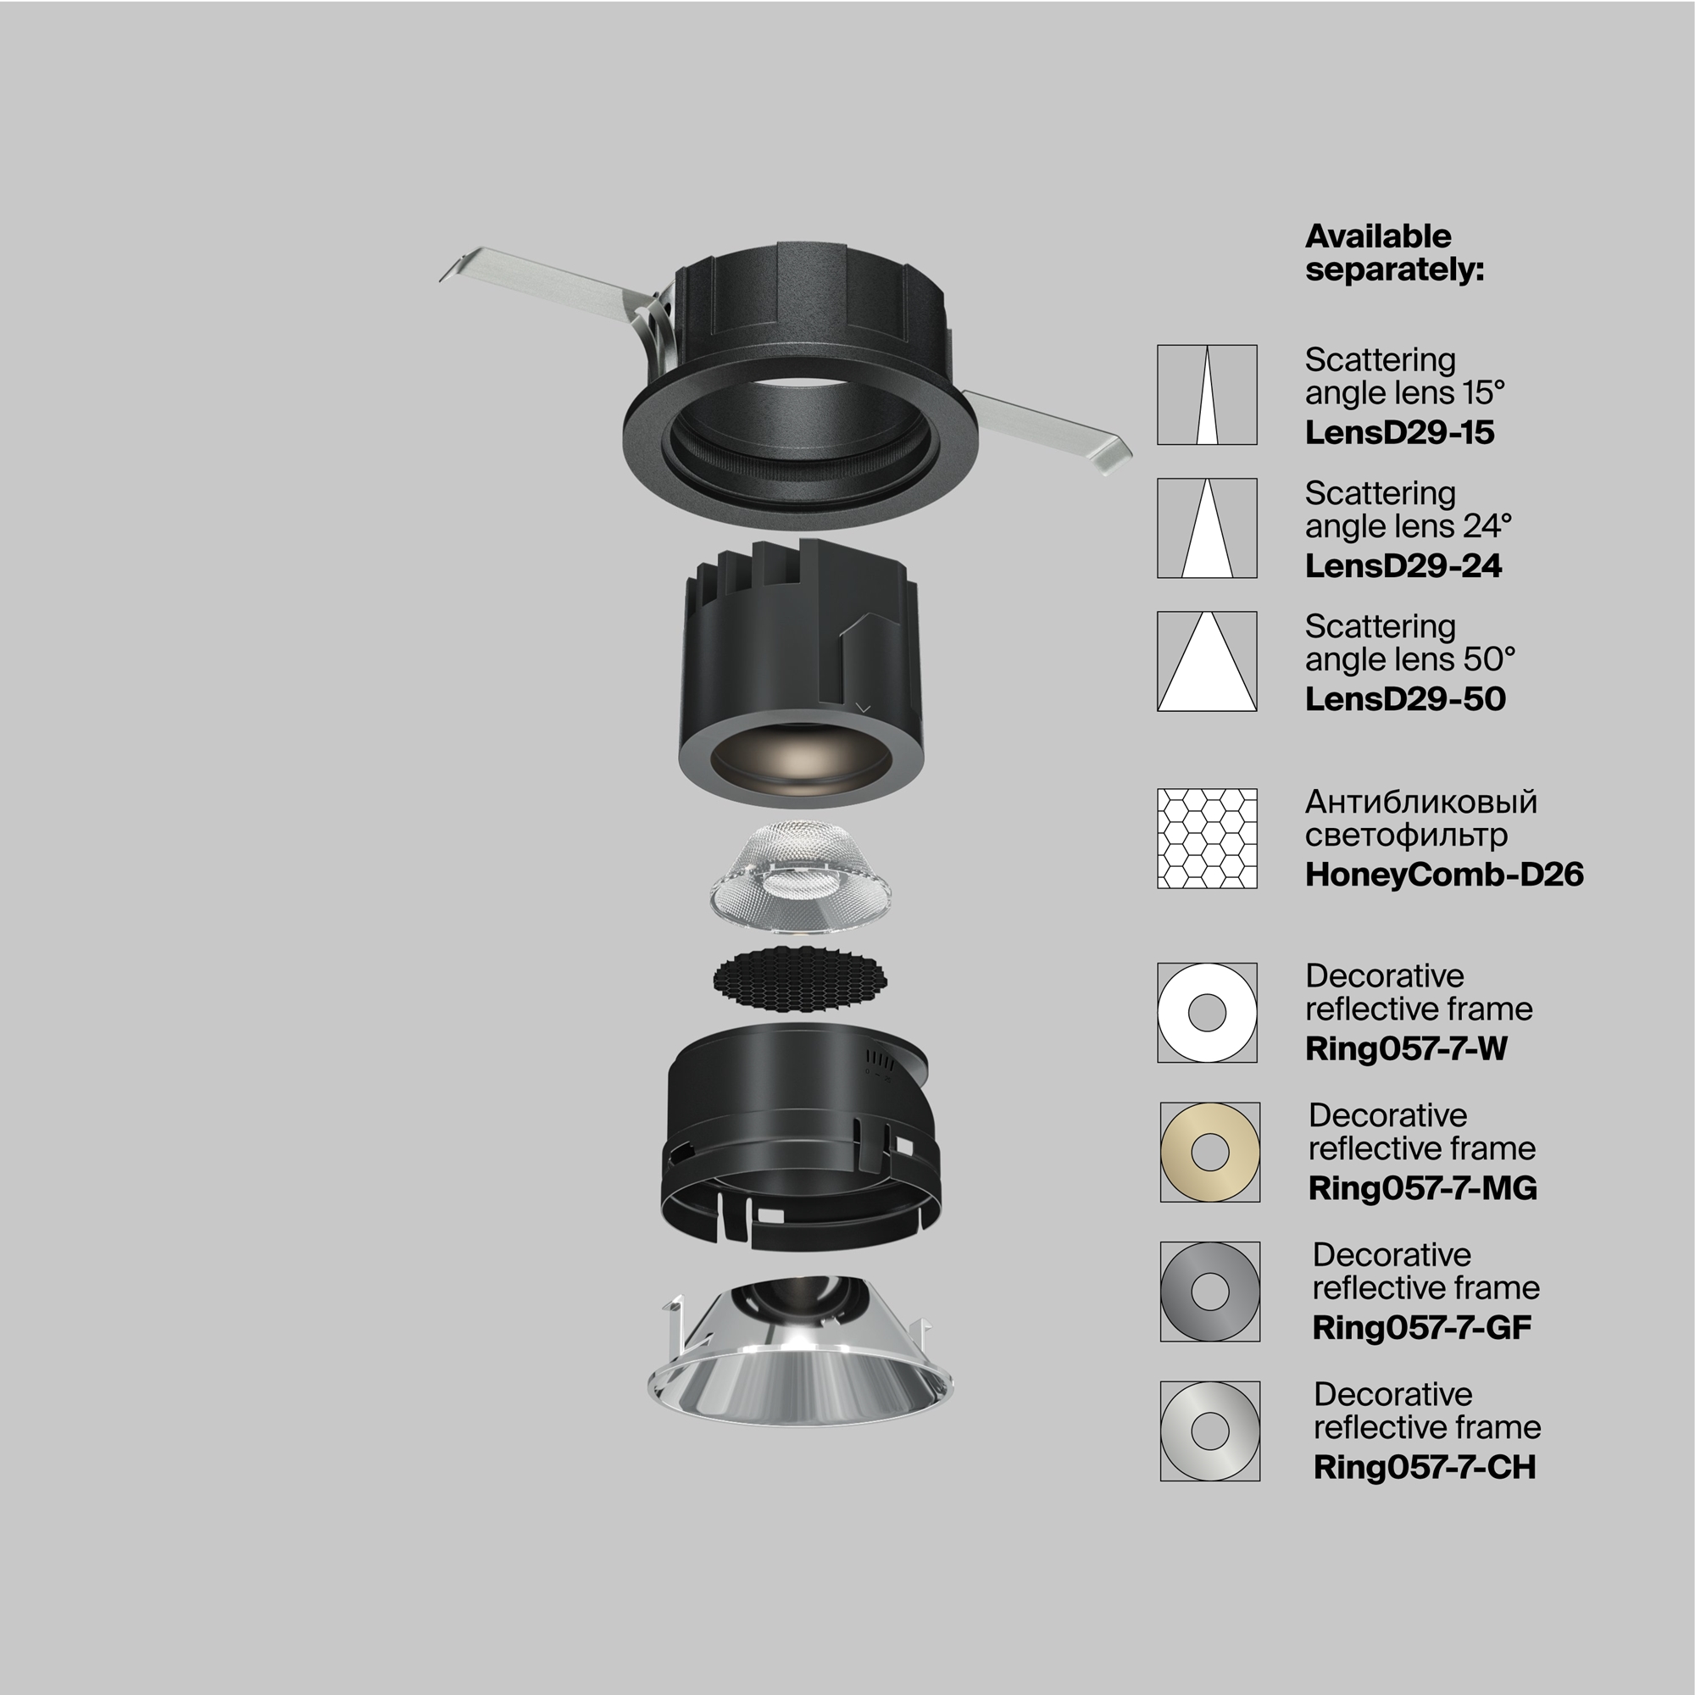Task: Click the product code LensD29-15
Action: pyautogui.click(x=1399, y=432)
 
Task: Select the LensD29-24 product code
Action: pyautogui.click(x=1403, y=566)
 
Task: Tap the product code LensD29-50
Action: pyautogui.click(x=1404, y=699)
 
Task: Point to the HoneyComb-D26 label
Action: pyautogui.click(x=1444, y=875)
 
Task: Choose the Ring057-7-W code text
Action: pyautogui.click(x=1405, y=1048)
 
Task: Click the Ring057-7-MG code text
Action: pyautogui.click(x=1422, y=1188)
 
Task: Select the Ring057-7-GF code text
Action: pyautogui.click(x=1421, y=1327)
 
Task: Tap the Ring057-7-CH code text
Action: pyautogui.click(x=1424, y=1467)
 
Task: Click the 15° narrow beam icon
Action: pyautogui.click(x=1206, y=395)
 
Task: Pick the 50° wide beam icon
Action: pyautogui.click(x=1206, y=662)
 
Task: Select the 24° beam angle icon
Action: pyautogui.click(x=1206, y=528)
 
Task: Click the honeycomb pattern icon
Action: pyautogui.click(x=1206, y=839)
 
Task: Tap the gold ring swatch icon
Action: pyautogui.click(x=1210, y=1152)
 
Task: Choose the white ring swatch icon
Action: pyautogui.click(x=1206, y=1013)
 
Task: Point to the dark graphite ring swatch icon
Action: pyautogui.click(x=1210, y=1292)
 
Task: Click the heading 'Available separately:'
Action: pyautogui.click(x=1393, y=253)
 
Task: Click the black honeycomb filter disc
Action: pyautogui.click(x=799, y=979)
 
